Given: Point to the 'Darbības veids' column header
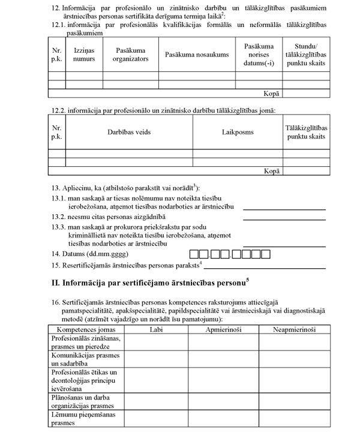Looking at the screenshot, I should (129, 132).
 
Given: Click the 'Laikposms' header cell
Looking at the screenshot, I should (238, 132).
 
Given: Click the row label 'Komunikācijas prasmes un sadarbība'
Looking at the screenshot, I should (85, 359).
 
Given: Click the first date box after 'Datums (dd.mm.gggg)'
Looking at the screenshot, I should (194, 254).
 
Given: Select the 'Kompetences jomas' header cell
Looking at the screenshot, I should (85, 329).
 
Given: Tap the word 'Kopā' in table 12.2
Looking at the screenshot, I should (272, 171).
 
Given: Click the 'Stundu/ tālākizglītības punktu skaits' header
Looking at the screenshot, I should (306, 55).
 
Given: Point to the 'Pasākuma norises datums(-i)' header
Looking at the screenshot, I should (259, 55).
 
